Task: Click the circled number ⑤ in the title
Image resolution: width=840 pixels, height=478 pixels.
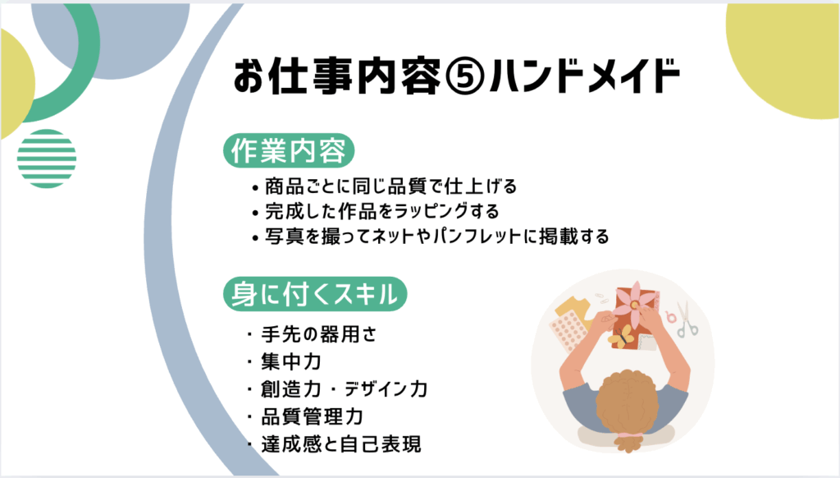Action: click(x=465, y=76)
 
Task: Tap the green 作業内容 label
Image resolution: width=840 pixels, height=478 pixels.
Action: click(x=289, y=151)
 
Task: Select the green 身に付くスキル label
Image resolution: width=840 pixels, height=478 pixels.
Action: click(x=315, y=294)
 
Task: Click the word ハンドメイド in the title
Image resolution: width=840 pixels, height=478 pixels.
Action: click(x=584, y=76)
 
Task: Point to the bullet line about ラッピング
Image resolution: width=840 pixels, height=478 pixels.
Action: click(x=376, y=211)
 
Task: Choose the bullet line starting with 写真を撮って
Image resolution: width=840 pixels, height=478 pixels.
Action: click(x=431, y=236)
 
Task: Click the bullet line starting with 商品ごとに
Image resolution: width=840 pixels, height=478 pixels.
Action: click(x=384, y=186)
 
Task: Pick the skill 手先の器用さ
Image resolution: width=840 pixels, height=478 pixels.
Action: click(x=313, y=334)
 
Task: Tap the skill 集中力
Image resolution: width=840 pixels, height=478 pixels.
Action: click(x=285, y=361)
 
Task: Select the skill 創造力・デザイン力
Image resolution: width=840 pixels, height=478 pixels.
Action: click(x=337, y=389)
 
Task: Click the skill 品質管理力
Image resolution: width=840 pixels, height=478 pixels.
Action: click(x=305, y=416)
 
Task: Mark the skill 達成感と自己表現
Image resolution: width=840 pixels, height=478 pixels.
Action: click(x=335, y=444)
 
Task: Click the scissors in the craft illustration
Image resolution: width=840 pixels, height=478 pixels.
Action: click(x=686, y=319)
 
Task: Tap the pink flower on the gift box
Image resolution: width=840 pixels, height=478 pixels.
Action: click(x=636, y=305)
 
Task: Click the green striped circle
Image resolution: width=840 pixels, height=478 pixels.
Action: click(x=47, y=159)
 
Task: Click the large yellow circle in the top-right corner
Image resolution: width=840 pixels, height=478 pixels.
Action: click(x=783, y=60)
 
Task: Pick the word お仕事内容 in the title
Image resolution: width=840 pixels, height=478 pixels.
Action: click(x=337, y=76)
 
